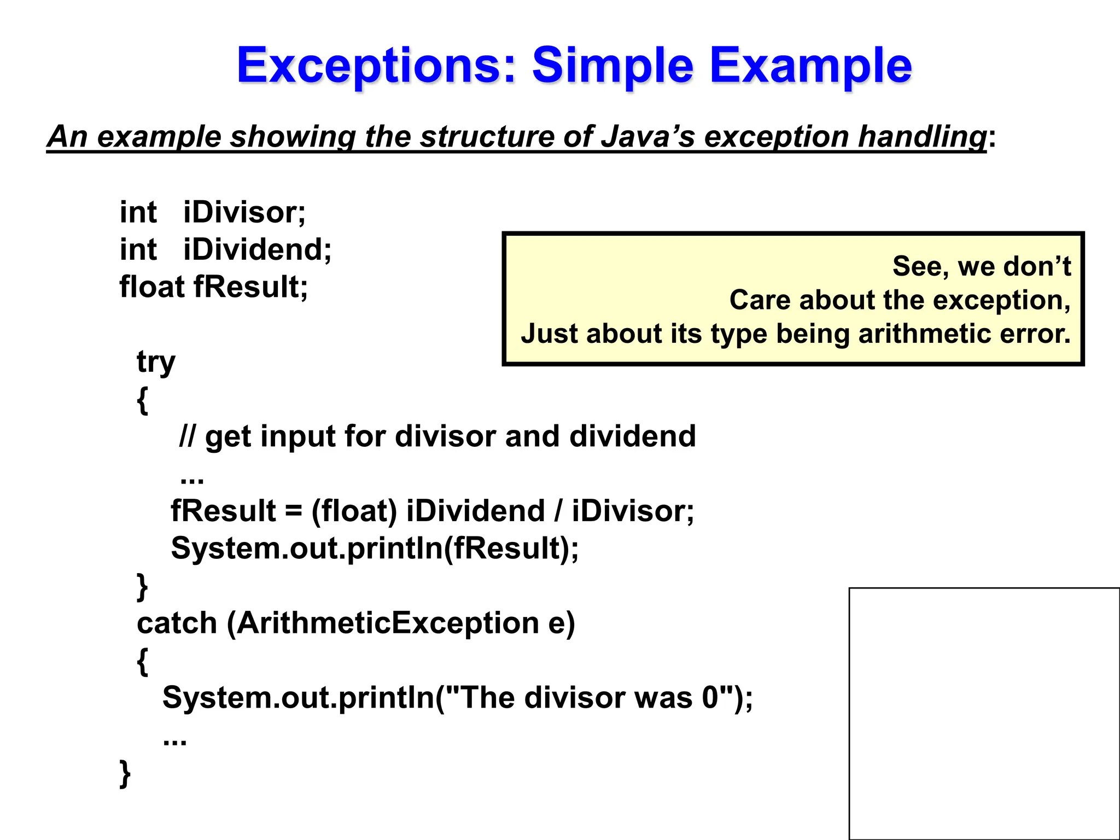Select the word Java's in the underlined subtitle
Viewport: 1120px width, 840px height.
647,137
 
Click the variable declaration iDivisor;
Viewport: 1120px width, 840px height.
244,212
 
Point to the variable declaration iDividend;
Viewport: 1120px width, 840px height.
257,250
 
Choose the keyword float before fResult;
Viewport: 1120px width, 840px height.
152,287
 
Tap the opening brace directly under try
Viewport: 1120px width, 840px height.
142,400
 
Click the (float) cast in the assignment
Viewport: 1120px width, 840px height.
354,511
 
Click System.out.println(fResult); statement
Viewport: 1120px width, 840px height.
375,549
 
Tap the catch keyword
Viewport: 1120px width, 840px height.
177,623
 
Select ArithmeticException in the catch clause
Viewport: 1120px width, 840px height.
388,623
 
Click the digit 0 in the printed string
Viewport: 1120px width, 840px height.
710,698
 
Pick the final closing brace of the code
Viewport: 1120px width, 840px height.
125,773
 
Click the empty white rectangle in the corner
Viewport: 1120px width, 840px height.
984,713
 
